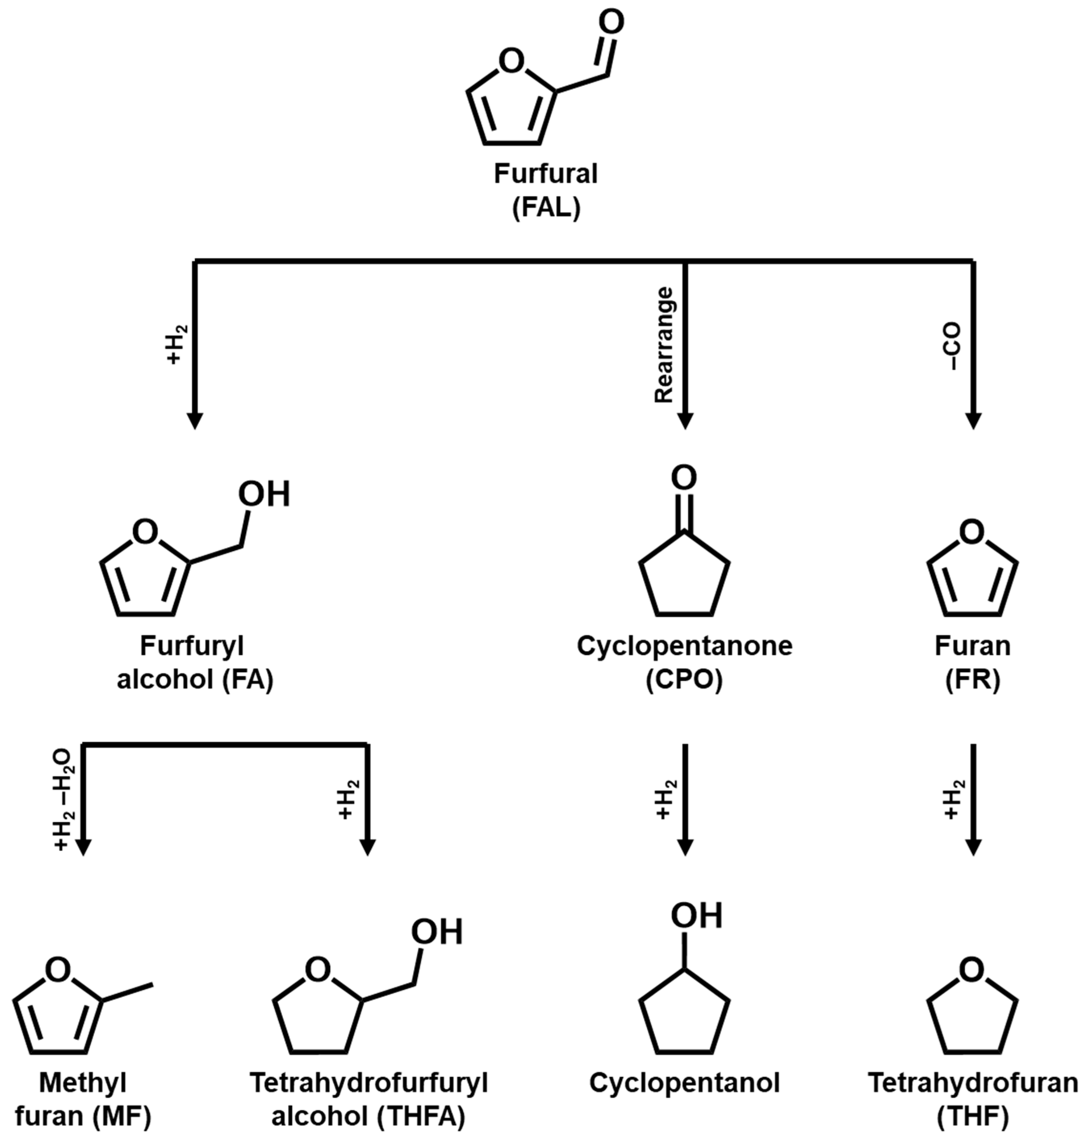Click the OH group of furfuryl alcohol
[264, 494]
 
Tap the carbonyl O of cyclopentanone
[684, 478]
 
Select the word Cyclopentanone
[684, 646]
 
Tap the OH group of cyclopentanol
[696, 916]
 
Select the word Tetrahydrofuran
[973, 1083]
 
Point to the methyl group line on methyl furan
[128, 991]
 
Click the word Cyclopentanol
[684, 1083]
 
